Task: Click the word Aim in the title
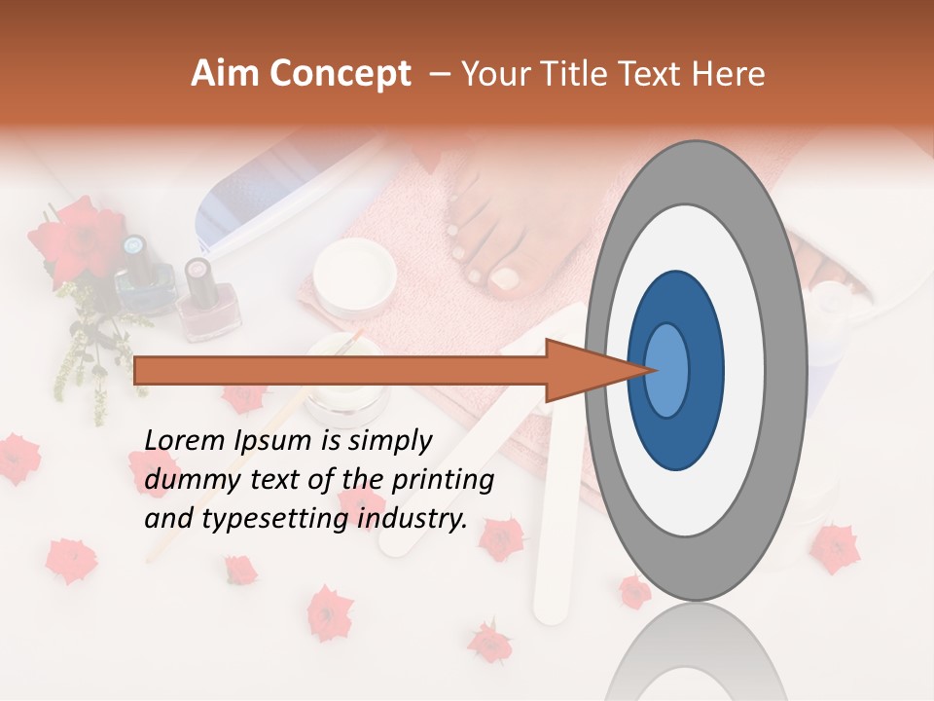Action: [x=226, y=74]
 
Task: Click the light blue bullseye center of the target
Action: [x=667, y=370]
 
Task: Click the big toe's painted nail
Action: [x=504, y=278]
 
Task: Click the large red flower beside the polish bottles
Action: [x=74, y=240]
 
